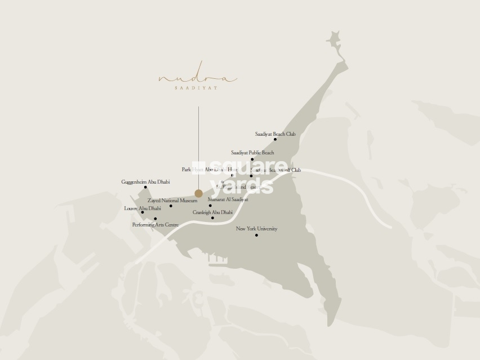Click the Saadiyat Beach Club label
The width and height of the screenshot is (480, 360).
275,134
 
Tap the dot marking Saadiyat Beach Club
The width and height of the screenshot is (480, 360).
275,139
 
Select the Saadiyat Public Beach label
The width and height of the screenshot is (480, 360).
252,153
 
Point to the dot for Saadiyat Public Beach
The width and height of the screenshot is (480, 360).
252,159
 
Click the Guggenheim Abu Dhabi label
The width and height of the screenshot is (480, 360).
145,182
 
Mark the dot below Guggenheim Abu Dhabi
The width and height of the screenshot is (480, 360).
145,187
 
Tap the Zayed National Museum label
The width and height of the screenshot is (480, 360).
172,200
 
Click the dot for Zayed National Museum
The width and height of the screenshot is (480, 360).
171,206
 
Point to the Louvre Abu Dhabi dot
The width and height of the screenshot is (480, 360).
143,212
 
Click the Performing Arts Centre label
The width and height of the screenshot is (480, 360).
155,225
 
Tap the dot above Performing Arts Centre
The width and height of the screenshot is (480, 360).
155,219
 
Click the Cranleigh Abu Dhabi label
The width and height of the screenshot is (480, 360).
212,212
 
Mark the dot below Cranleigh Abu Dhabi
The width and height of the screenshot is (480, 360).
212,218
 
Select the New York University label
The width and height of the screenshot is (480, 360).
256,229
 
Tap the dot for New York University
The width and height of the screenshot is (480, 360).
256,235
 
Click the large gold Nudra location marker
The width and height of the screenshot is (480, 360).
198,193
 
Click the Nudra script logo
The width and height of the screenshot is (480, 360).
197,79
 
